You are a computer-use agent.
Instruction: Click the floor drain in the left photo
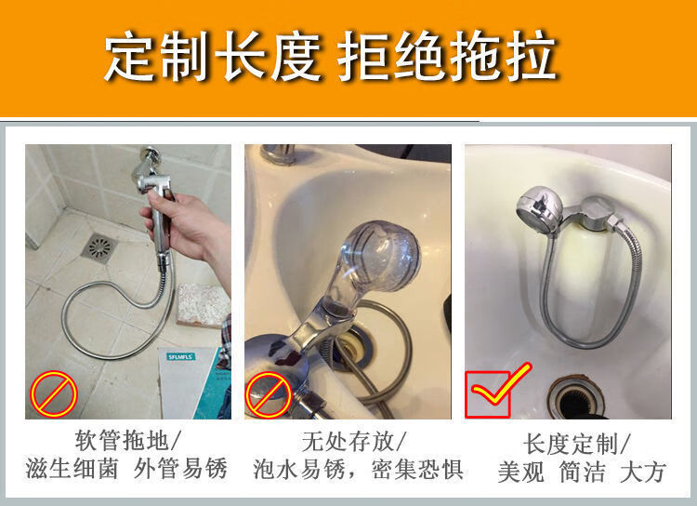point(99,246)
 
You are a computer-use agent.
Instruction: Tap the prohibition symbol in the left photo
point(54,393)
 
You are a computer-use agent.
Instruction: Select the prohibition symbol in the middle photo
point(269,394)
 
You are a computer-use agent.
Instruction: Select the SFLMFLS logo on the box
point(181,356)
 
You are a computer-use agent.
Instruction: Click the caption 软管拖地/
point(128,441)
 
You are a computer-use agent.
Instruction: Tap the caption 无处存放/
point(353,442)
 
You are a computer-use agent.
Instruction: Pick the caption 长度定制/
point(576,444)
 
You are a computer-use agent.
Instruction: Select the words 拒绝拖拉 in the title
point(447,57)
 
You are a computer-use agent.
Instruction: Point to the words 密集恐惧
point(417,470)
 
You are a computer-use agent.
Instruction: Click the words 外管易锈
point(181,468)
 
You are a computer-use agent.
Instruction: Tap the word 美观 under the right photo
point(521,472)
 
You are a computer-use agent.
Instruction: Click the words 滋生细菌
point(72,468)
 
